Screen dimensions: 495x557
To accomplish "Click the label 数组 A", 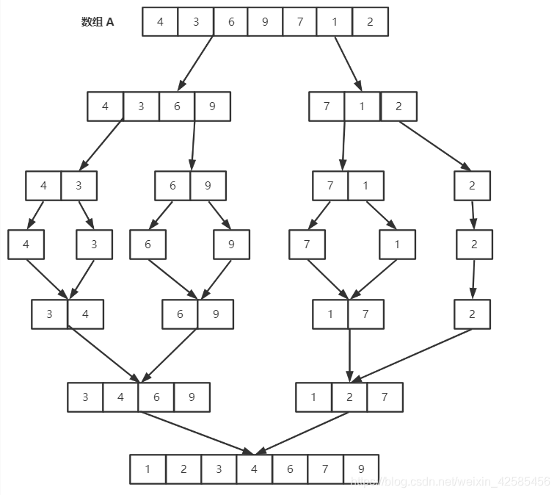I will coord(98,22).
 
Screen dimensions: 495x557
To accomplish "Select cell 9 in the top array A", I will coord(265,22).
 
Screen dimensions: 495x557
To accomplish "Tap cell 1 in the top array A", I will coord(335,22).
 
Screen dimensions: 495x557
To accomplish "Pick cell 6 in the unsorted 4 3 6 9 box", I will coord(177,106).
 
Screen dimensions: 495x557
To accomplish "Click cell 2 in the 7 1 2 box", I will coord(398,106).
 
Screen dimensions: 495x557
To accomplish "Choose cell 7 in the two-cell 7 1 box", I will coord(330,186).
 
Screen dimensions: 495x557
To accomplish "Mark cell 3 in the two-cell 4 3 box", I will coord(79,186).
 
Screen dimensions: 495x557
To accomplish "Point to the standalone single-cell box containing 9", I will coord(231,245).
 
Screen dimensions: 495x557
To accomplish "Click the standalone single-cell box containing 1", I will coord(397,245).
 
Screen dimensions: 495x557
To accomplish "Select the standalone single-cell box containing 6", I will coord(148,245).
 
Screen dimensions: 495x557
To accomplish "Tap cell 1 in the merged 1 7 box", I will coord(330,314).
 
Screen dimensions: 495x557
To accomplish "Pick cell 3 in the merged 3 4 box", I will coord(50,314).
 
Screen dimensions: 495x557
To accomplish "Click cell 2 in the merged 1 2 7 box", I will coord(349,397).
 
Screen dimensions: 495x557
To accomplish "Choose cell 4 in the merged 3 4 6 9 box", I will coord(121,397).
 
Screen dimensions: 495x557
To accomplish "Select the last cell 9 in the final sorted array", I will coord(360,469).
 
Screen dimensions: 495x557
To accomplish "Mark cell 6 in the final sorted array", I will coord(290,469).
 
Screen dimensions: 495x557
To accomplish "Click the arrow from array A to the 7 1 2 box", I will coord(348,63).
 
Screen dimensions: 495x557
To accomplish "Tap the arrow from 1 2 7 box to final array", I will coord(302,433).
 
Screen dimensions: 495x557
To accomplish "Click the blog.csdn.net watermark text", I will coord(449,482).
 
